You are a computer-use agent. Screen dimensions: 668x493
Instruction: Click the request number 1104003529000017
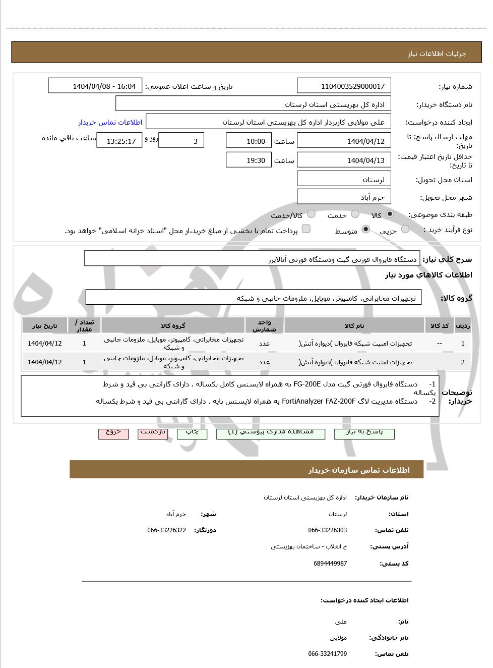pyautogui.click(x=344, y=86)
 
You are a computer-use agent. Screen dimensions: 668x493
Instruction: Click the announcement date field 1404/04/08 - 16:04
pyautogui.click(x=95, y=86)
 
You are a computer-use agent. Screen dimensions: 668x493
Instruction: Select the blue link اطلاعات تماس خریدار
pyautogui.click(x=110, y=122)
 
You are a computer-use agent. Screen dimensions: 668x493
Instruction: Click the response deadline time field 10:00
pyautogui.click(x=249, y=141)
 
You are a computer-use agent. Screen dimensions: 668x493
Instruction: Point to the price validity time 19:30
pyautogui.click(x=249, y=160)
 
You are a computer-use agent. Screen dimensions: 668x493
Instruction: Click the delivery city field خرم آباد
pyautogui.click(x=344, y=197)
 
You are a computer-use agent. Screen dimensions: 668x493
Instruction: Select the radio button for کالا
pyautogui.click(x=390, y=214)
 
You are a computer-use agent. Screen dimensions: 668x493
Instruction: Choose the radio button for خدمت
pyautogui.click(x=355, y=214)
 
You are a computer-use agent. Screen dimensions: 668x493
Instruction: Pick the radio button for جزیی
pyautogui.click(x=405, y=230)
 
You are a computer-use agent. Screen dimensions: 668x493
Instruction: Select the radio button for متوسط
pyautogui.click(x=366, y=230)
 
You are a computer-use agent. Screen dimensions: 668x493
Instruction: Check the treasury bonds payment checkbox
pyautogui.click(x=306, y=229)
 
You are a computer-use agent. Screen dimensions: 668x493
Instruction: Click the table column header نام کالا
pyautogui.click(x=354, y=326)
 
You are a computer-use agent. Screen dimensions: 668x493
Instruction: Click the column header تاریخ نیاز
pyautogui.click(x=45, y=326)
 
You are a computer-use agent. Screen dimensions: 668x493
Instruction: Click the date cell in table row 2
pyautogui.click(x=45, y=362)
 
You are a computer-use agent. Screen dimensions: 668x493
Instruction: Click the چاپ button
pyautogui.click(x=192, y=433)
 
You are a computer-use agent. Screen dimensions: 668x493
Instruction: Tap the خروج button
pyautogui.click(x=113, y=433)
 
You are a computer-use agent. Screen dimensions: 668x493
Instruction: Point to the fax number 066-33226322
pyautogui.click(x=167, y=530)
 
